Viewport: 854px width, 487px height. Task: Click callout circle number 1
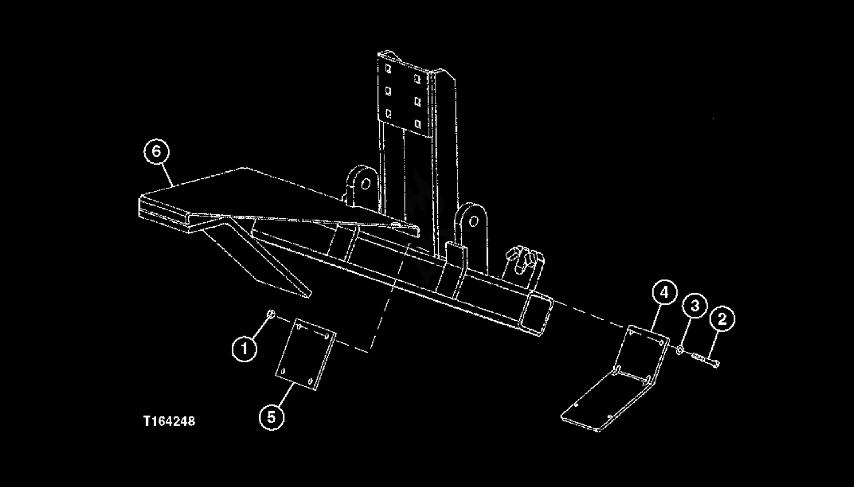point(244,349)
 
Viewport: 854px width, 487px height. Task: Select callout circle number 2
point(722,319)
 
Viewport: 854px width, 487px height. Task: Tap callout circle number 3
point(695,305)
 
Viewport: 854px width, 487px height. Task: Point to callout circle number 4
point(664,293)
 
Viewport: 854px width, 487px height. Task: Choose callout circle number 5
point(272,417)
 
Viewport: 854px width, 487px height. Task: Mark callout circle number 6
point(157,152)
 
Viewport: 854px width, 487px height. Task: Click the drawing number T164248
point(169,421)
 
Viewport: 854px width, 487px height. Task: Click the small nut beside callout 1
point(270,314)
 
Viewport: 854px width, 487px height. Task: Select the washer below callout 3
point(680,350)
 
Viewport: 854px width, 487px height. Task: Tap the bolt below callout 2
point(706,360)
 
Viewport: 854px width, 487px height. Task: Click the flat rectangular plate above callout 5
point(306,354)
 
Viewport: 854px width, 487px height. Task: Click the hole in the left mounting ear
point(366,184)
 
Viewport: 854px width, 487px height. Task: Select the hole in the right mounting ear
point(473,221)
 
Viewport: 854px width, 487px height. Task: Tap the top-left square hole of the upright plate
point(388,69)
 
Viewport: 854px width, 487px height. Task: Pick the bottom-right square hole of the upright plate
point(417,124)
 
